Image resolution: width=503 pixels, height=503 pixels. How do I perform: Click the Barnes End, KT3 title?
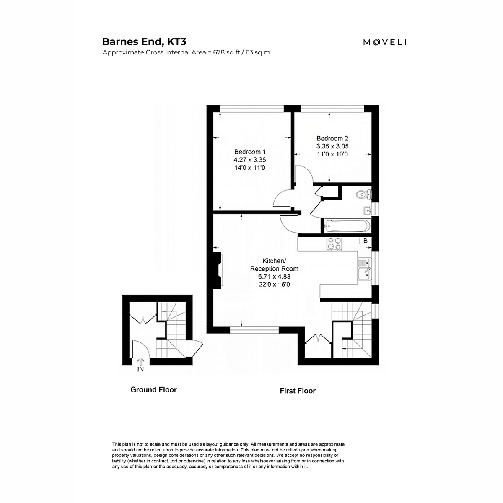click(x=144, y=42)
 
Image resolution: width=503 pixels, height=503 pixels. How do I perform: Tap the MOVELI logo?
click(x=384, y=42)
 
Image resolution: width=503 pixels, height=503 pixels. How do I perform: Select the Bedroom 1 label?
click(x=250, y=152)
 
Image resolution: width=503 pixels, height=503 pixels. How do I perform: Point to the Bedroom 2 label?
click(x=332, y=138)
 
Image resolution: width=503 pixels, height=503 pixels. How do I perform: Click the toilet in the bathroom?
click(x=363, y=194)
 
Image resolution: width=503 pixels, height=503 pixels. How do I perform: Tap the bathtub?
click(x=347, y=226)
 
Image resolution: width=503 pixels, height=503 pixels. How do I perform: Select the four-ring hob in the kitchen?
click(x=334, y=244)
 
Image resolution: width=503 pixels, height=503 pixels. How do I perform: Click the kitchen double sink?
click(x=364, y=269)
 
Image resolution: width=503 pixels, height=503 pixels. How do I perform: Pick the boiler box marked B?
click(x=366, y=241)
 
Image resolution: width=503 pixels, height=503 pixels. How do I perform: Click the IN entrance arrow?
click(x=140, y=361)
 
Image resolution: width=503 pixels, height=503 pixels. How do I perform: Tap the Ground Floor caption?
click(x=153, y=390)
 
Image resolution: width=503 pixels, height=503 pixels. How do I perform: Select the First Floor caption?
click(x=298, y=391)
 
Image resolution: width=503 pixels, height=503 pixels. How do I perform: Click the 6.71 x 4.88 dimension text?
click(x=274, y=276)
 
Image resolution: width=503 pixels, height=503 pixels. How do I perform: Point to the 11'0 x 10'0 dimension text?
click(x=332, y=154)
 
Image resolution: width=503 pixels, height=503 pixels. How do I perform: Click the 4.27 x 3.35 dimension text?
click(x=250, y=160)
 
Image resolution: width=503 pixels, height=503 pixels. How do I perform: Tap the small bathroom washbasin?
click(x=368, y=211)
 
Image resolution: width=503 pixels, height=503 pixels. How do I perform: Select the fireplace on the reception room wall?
click(x=218, y=270)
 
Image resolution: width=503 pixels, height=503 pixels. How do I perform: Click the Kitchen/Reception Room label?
click(x=274, y=264)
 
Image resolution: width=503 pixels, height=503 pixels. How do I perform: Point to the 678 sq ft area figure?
click(x=226, y=52)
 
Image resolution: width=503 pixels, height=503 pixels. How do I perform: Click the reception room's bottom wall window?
click(x=254, y=330)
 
